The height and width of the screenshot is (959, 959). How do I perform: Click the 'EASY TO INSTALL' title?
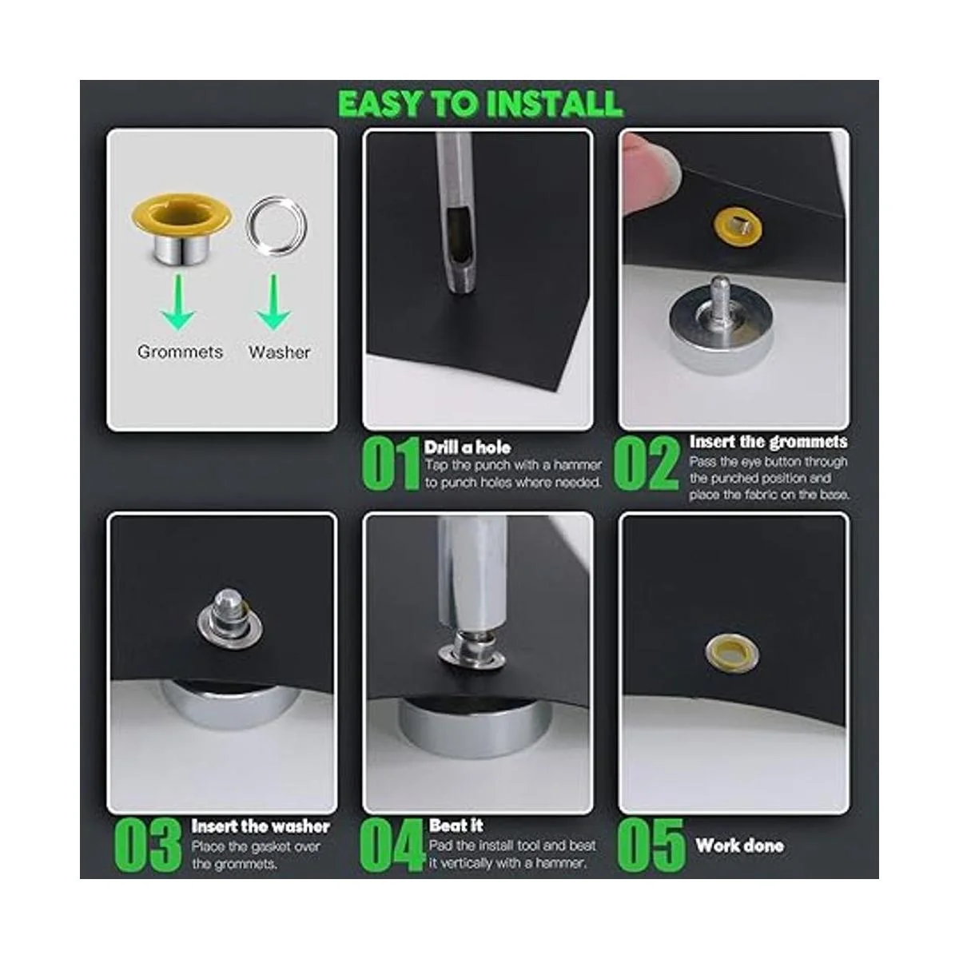480,104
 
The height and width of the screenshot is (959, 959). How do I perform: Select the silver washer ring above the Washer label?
277,225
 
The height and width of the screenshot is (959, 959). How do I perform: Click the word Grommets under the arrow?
180,352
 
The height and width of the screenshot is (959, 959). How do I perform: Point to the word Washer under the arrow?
279,352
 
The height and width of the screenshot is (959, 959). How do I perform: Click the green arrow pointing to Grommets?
178,302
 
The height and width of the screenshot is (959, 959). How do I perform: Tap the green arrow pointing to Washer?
273,302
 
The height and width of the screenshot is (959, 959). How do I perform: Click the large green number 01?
391,464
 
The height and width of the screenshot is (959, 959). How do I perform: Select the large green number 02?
646,464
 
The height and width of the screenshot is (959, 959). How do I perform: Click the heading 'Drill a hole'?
468,448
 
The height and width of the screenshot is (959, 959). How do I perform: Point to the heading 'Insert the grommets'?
768,442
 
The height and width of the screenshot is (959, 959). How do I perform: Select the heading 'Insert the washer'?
261,826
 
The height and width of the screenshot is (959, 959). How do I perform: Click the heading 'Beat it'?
456,826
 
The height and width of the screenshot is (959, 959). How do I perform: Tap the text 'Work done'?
739,846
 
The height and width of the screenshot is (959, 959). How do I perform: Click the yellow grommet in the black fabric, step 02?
738,226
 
